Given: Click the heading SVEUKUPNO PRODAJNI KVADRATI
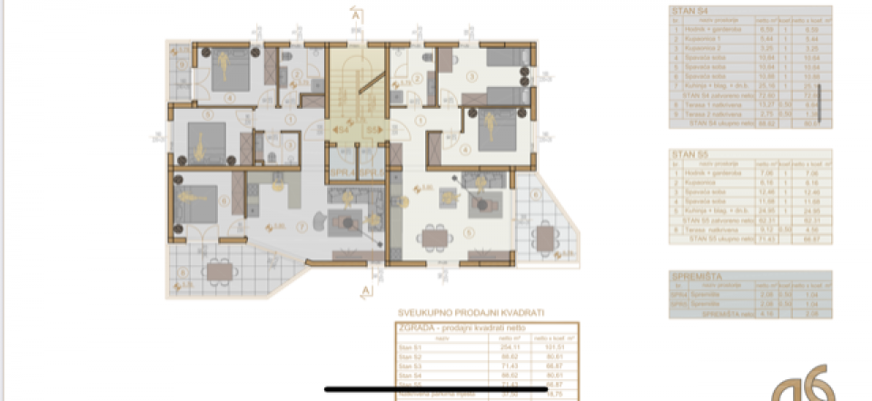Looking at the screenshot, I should [x=471, y=312].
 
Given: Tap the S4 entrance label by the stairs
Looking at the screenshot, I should [x=343, y=131].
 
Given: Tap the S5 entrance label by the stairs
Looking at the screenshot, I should [x=372, y=131].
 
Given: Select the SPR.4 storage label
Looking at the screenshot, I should [x=341, y=171].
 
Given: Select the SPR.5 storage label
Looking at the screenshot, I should [x=372, y=171].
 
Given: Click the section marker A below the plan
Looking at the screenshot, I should [x=365, y=289].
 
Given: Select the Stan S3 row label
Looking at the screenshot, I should [x=411, y=364].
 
